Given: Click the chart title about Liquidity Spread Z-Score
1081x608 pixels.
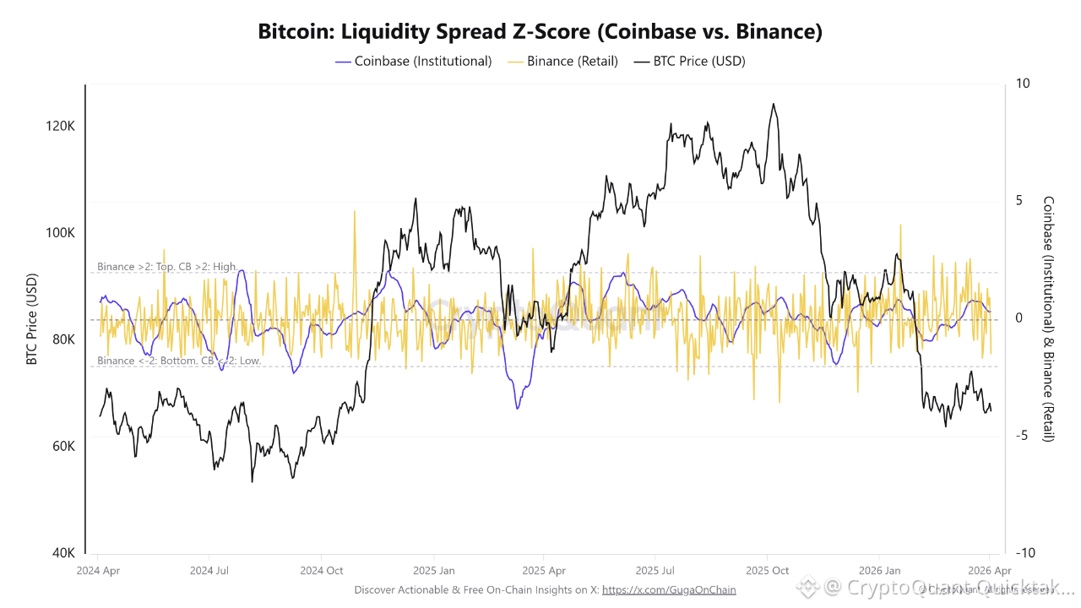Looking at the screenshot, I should point(540,32).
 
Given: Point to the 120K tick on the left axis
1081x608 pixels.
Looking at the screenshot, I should point(61,126).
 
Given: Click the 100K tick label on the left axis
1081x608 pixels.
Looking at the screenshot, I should point(61,233).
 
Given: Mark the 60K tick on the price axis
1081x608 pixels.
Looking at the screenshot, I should point(62,447).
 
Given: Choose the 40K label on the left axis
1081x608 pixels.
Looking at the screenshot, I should point(62,553).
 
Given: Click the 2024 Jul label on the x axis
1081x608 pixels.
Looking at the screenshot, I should point(210,570).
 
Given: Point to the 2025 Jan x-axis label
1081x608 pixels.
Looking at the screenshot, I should point(434,570).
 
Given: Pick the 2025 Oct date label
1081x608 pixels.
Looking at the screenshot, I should point(767,570).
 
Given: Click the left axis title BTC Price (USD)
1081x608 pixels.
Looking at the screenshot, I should point(32,320).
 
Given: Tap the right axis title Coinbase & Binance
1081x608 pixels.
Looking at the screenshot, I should point(1049,319).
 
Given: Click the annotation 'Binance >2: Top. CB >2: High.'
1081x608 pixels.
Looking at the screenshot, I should point(167,267).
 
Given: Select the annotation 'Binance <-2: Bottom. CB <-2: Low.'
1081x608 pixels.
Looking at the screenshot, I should point(179,361).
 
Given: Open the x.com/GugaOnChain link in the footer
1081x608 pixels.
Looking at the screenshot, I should point(669,589).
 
